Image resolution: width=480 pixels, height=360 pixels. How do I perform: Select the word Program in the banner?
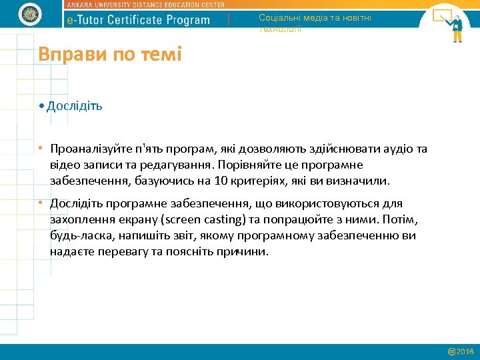189,20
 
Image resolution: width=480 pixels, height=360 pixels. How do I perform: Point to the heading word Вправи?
65,54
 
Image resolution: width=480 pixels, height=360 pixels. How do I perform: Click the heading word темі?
161,54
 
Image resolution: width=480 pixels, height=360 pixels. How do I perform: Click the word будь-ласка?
79,235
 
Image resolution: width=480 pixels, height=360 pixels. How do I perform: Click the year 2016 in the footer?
465,351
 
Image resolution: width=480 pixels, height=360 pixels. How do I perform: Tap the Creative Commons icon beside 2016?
451,351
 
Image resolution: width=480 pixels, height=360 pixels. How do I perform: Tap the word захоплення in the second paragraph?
79,219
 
